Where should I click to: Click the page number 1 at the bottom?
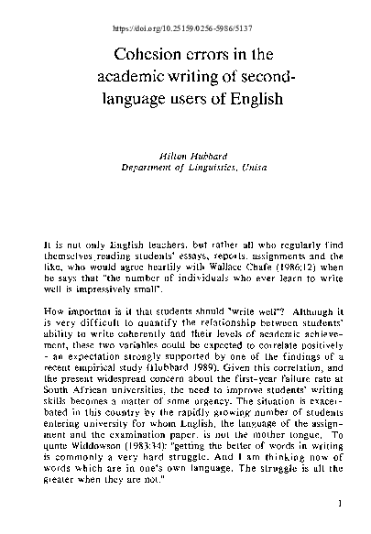pyautogui.click(x=339, y=503)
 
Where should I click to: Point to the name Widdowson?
pyautogui.click(x=101, y=448)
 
